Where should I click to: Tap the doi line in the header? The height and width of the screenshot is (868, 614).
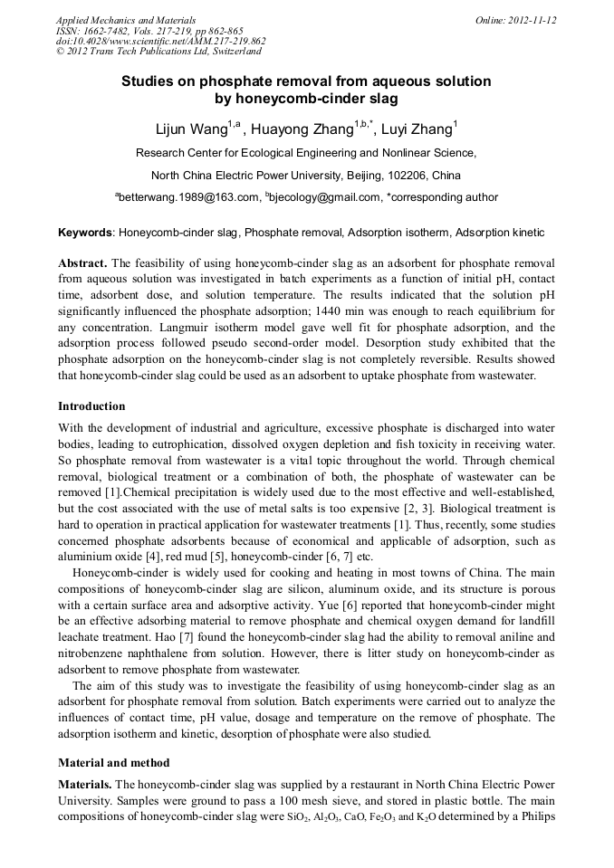click(x=160, y=41)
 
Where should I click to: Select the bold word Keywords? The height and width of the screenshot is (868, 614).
click(x=86, y=233)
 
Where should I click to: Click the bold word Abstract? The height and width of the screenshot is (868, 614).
click(x=82, y=262)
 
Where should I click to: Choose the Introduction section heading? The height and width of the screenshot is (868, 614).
click(x=91, y=405)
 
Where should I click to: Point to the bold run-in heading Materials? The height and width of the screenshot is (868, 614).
click(x=86, y=784)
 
